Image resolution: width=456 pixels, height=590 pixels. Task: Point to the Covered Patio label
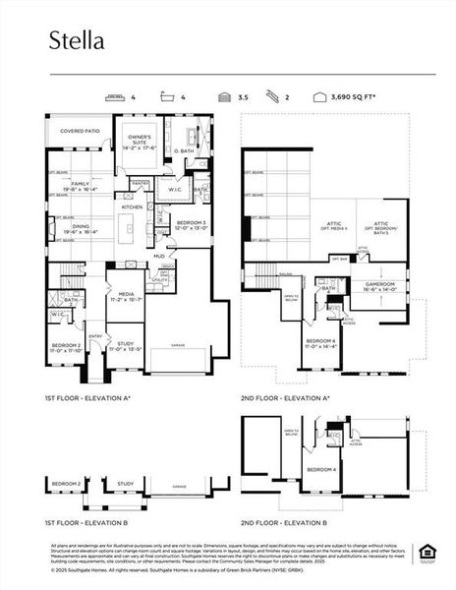point(81,130)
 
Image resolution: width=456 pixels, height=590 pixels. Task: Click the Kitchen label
point(132,207)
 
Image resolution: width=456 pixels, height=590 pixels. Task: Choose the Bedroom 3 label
point(190,225)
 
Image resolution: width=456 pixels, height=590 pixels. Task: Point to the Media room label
point(127,295)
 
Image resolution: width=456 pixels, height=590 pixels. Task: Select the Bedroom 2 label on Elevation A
point(66,347)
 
